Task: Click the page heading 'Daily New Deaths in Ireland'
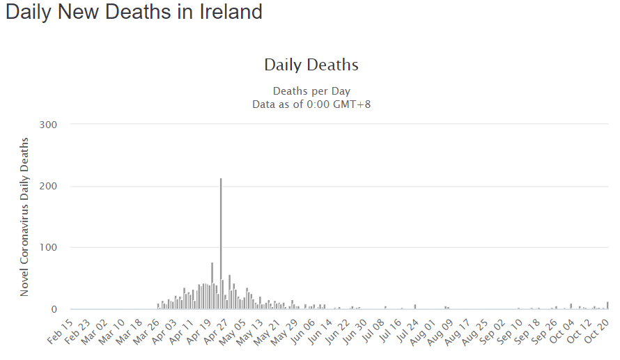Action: tap(134, 13)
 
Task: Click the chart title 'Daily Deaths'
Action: tap(311, 65)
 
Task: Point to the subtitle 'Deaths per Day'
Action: tap(311, 91)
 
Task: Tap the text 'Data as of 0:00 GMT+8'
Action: tap(311, 104)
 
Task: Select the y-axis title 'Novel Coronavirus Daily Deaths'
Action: tap(25, 217)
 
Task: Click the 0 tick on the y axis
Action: tap(53, 309)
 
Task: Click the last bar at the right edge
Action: tap(607, 306)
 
